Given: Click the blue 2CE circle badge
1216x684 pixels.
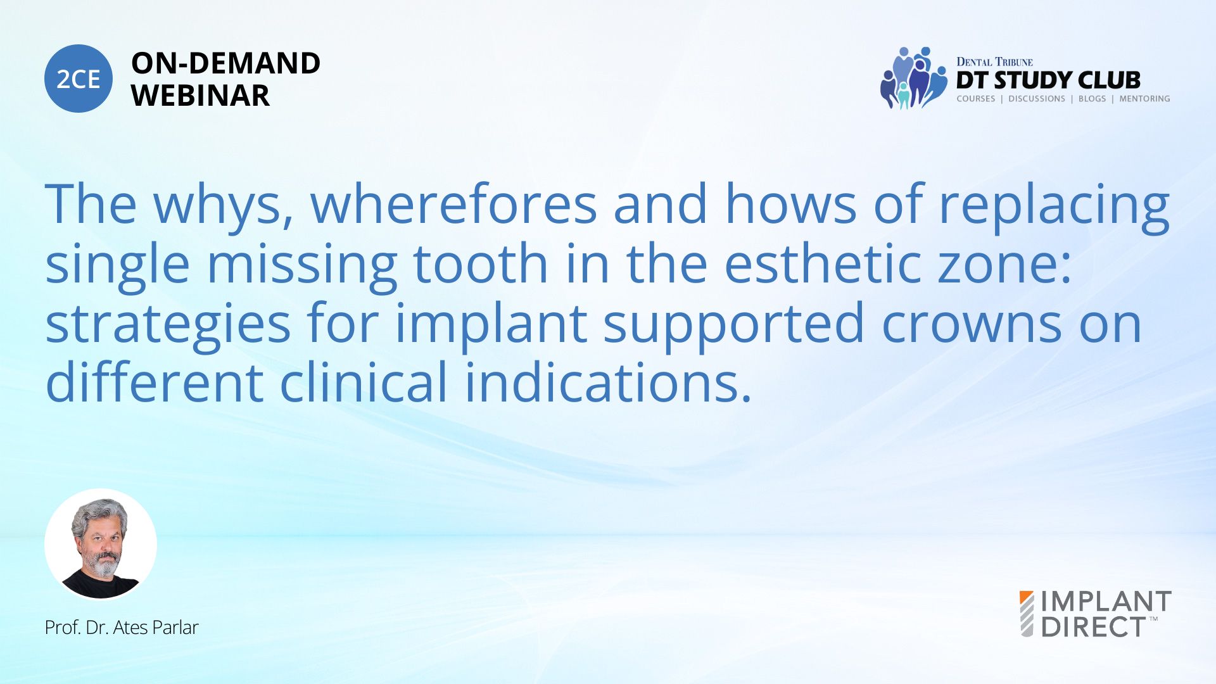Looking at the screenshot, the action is (x=79, y=79).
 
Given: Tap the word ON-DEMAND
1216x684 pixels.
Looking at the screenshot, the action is (x=225, y=63).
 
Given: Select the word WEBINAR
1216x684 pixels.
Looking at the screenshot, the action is (x=200, y=96).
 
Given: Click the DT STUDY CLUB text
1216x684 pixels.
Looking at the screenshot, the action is (x=1048, y=80).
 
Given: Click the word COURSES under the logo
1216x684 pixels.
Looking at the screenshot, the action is (x=975, y=99).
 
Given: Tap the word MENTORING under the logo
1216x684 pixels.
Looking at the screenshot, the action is (x=1144, y=99).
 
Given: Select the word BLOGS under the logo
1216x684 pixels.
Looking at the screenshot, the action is (x=1092, y=99).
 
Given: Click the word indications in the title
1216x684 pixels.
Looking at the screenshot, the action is (x=609, y=382).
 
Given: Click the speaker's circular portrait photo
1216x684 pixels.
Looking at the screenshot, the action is (x=101, y=544).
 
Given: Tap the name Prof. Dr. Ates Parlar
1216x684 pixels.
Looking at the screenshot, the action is (x=122, y=628).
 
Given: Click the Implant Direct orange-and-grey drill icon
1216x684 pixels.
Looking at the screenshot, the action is (x=1027, y=614).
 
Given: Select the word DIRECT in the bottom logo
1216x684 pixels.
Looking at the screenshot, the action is (x=1094, y=627).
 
